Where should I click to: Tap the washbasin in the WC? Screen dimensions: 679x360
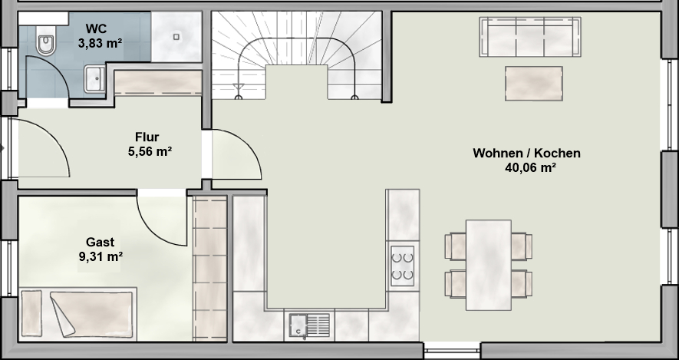pyautogui.click(x=94, y=79)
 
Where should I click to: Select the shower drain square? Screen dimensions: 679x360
pyautogui.click(x=176, y=37)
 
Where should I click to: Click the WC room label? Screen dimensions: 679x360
pyautogui.click(x=96, y=28)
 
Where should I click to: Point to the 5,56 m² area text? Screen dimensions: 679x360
pyautogui.click(x=150, y=151)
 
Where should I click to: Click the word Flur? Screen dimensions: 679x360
pyautogui.click(x=147, y=137)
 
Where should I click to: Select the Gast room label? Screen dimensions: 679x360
pyautogui.click(x=100, y=242)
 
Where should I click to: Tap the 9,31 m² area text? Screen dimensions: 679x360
pyautogui.click(x=101, y=256)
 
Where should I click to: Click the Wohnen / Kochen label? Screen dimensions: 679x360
pyautogui.click(x=526, y=153)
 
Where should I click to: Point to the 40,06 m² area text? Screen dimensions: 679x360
pyautogui.click(x=530, y=167)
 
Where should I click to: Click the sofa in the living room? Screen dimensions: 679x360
pyautogui.click(x=530, y=37)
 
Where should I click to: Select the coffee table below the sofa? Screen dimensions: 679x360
pyautogui.click(x=534, y=84)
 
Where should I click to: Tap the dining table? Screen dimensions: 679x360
pyautogui.click(x=489, y=265)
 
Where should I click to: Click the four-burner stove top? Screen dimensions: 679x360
pyautogui.click(x=402, y=266)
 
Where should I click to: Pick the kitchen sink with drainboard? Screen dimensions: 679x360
pyautogui.click(x=309, y=325)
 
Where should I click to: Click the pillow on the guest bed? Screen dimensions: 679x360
pyautogui.click(x=31, y=313)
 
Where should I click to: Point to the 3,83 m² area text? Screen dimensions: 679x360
pyautogui.click(x=100, y=43)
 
